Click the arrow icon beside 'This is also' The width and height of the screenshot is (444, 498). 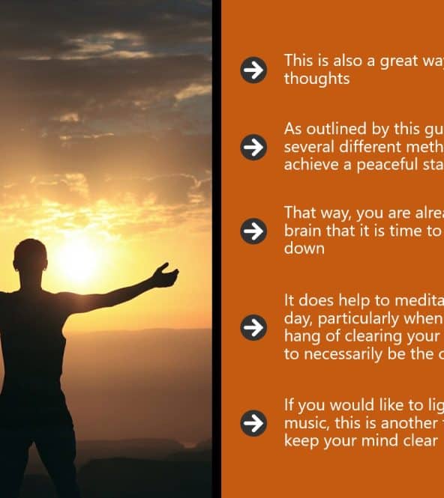(253, 70)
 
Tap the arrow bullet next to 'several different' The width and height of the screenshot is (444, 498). (253, 148)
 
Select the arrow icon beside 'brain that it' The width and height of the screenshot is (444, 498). (253, 231)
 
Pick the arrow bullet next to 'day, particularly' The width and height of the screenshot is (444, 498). (253, 327)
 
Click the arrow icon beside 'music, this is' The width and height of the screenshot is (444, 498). (253, 423)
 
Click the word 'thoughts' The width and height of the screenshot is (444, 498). (316, 79)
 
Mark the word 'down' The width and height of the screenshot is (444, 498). (304, 249)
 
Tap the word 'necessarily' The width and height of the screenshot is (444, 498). (343, 354)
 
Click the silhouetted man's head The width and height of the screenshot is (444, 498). (31, 258)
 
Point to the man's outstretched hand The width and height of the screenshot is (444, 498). (165, 275)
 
